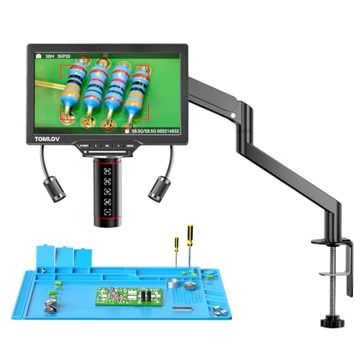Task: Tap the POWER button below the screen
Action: coord(85,145)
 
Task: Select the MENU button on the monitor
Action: coord(130,145)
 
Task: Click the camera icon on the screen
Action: coord(38,54)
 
